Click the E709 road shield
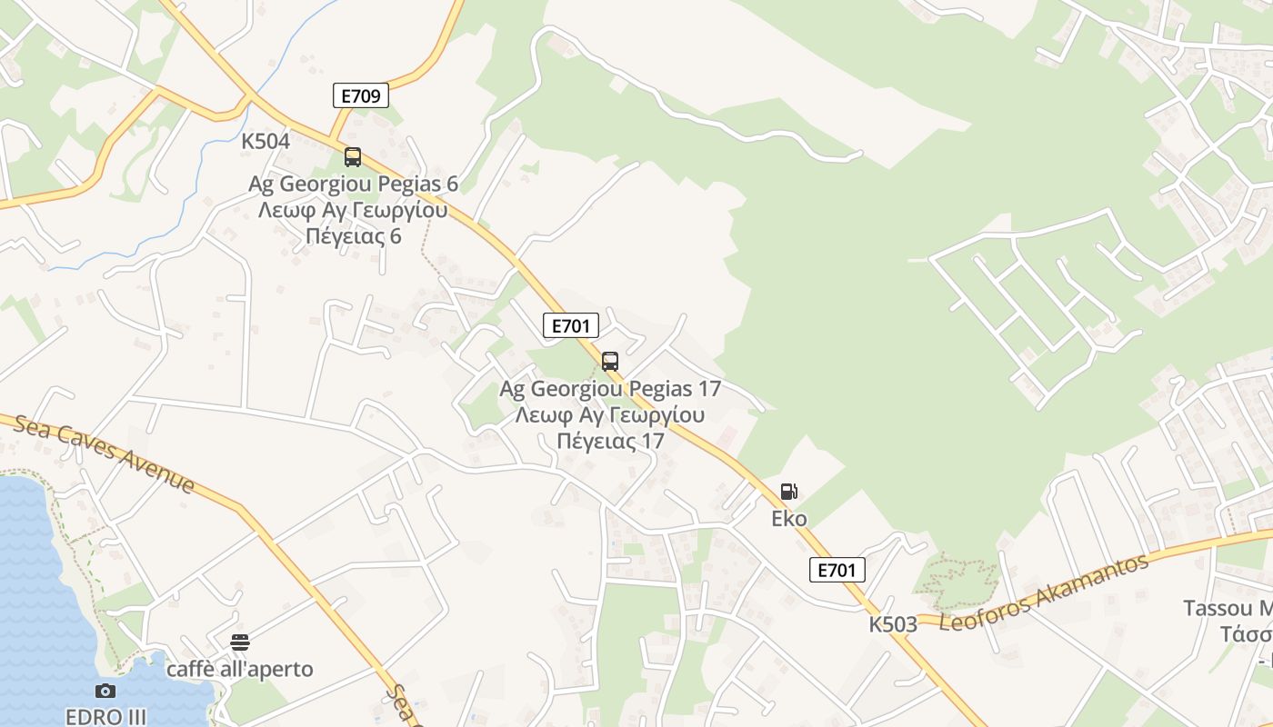point(360,95)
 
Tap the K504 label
point(266,141)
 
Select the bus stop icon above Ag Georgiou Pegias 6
point(353,157)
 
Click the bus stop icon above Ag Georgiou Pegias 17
point(610,362)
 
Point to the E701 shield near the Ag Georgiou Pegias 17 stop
point(570,325)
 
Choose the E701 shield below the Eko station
point(837,570)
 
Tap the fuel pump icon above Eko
point(788,493)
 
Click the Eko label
point(789,519)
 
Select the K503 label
point(893,624)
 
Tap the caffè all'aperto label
point(239,670)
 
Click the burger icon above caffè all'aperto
point(240,643)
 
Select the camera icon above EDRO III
point(105,691)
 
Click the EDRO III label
point(105,716)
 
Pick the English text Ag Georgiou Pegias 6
point(353,184)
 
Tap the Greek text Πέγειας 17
point(610,442)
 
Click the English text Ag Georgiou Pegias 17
point(610,389)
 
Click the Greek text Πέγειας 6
point(353,236)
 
